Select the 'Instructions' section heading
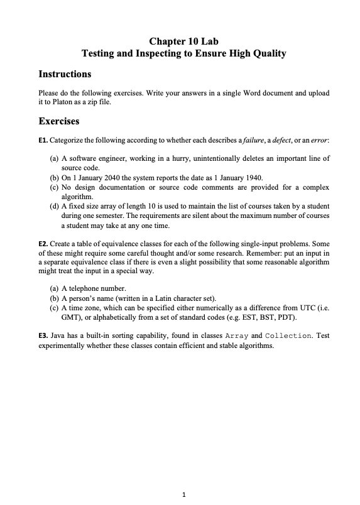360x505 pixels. click(x=65, y=74)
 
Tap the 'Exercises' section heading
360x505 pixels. click(x=58, y=120)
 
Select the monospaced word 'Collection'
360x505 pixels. click(x=289, y=336)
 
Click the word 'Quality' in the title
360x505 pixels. click(x=268, y=54)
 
